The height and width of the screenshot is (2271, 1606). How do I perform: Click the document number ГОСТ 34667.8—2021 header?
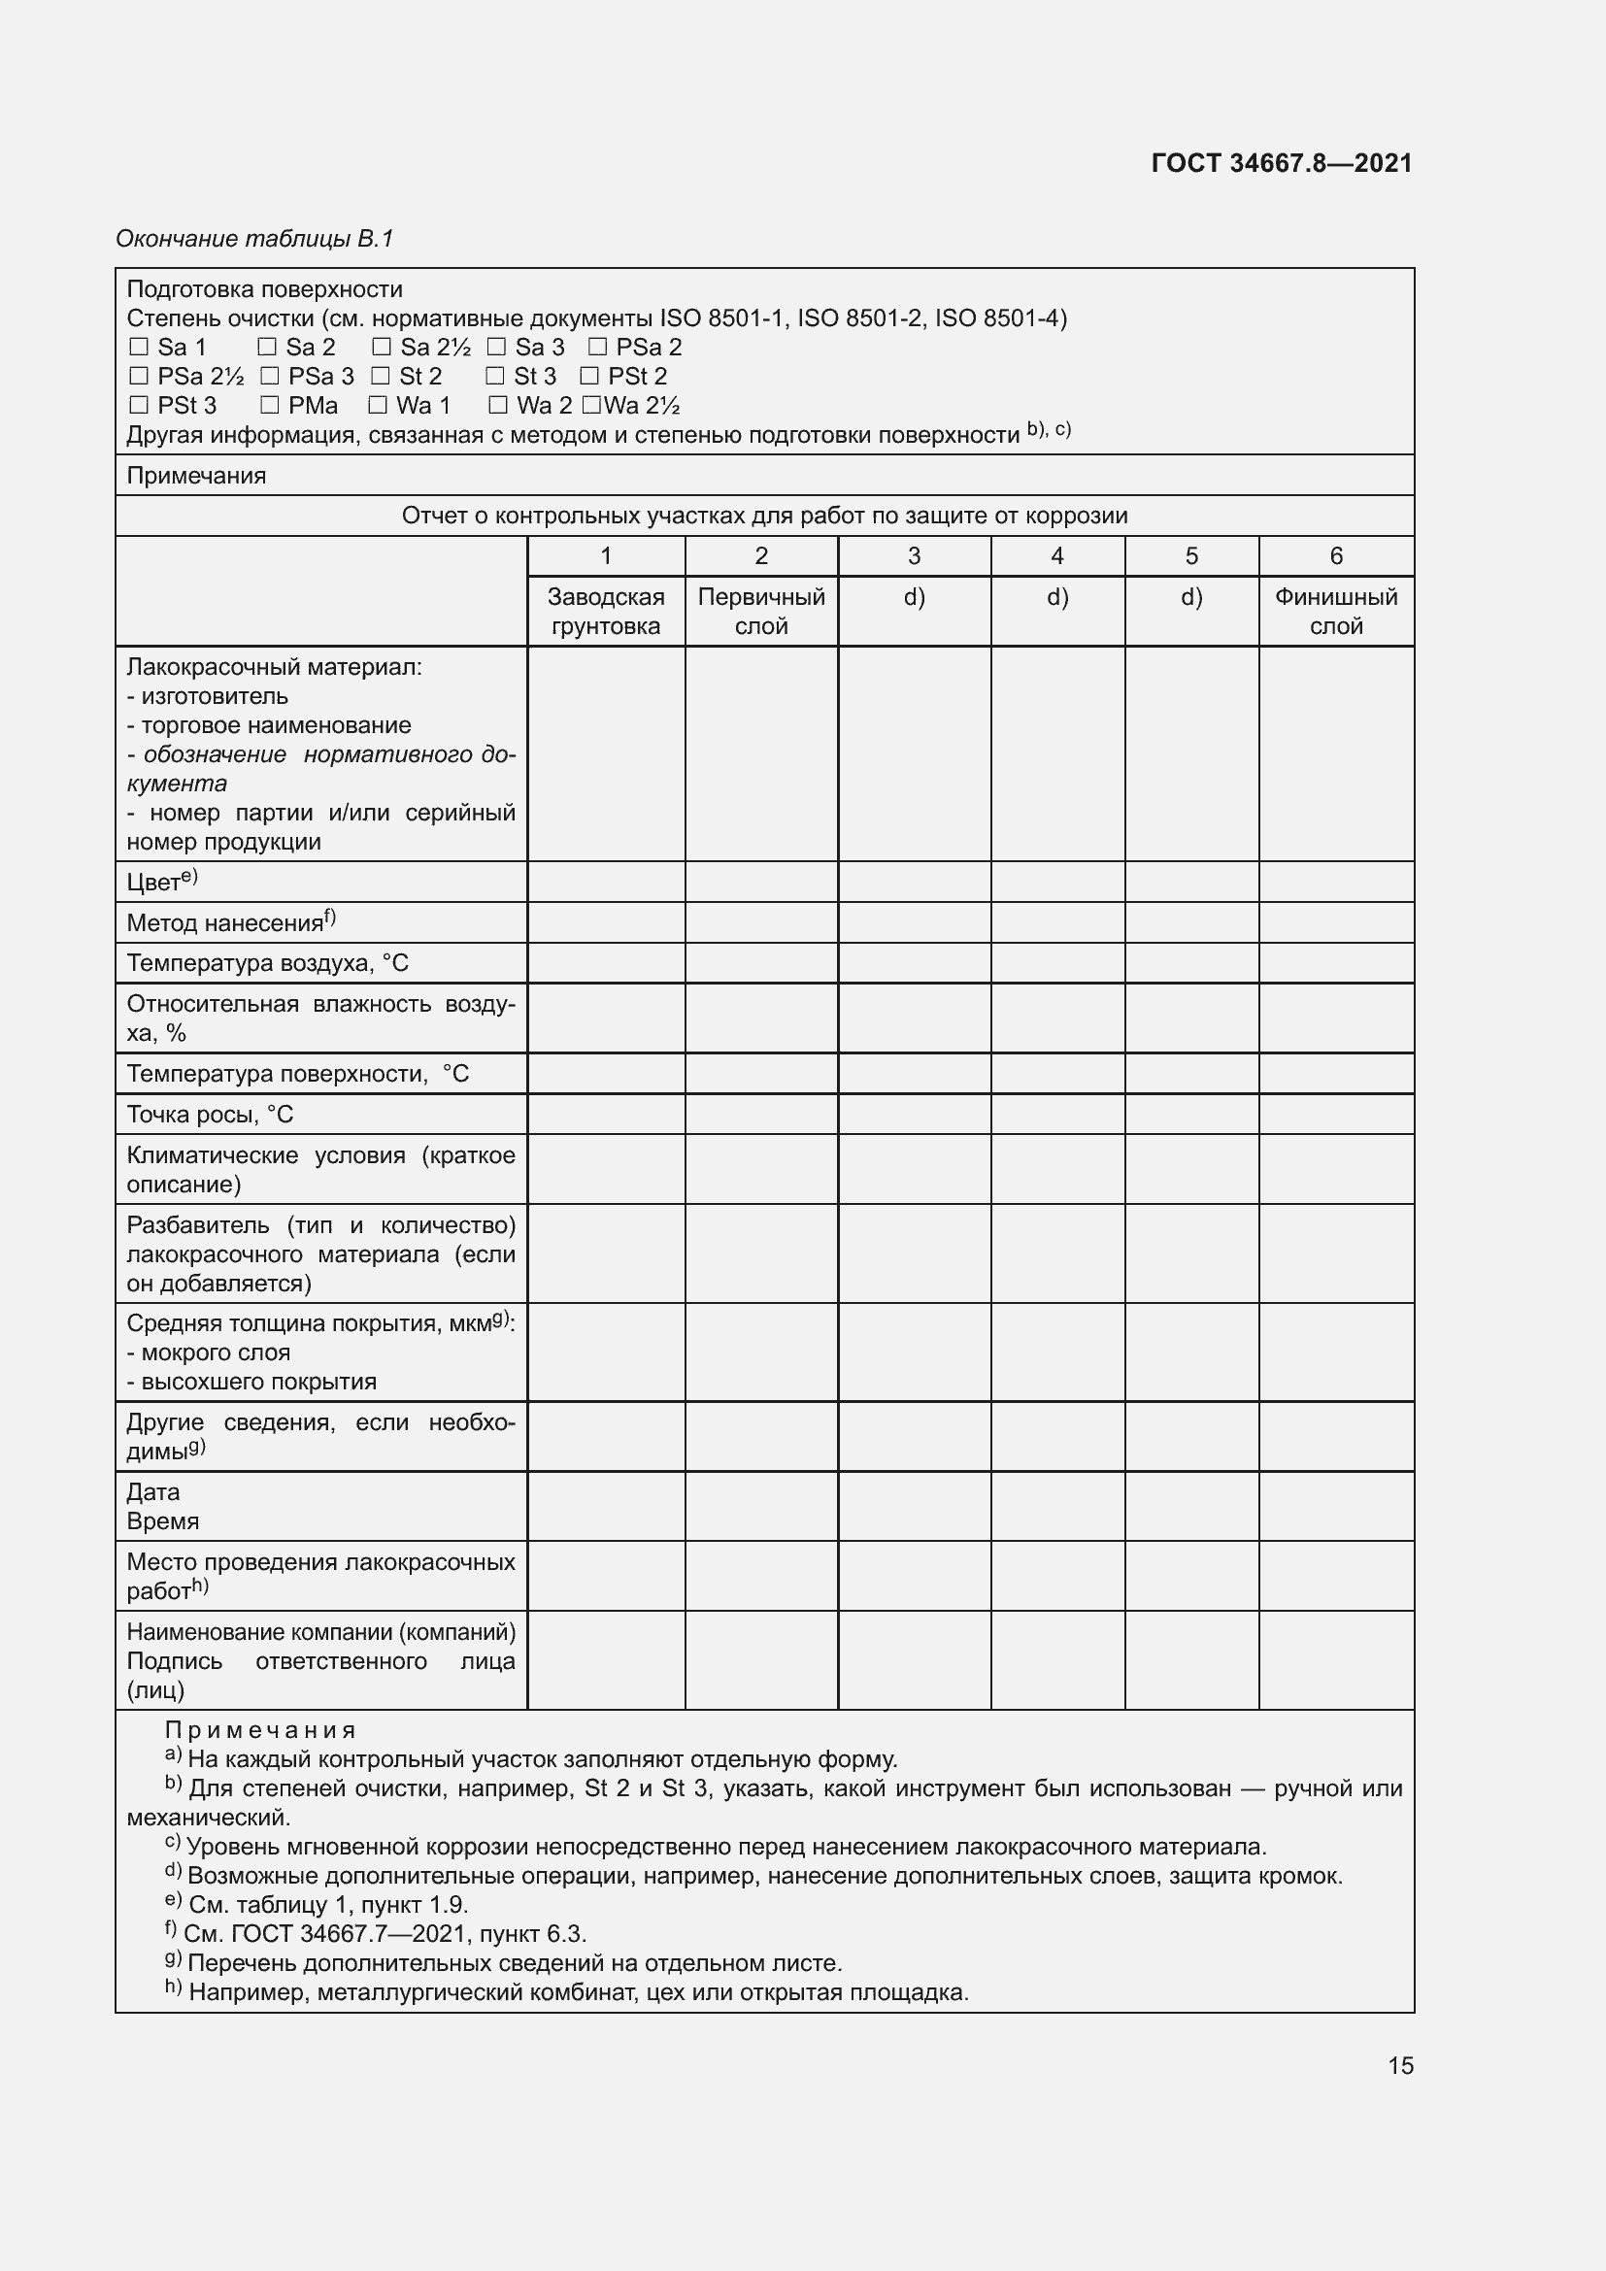click(x=1281, y=163)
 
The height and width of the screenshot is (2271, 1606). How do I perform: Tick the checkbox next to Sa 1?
click(x=139, y=348)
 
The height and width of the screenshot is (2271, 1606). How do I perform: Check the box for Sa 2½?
click(x=382, y=348)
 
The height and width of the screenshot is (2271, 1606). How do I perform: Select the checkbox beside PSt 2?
click(x=589, y=376)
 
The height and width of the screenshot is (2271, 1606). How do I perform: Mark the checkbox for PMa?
click(x=269, y=406)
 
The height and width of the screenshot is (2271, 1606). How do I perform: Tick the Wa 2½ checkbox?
click(x=591, y=406)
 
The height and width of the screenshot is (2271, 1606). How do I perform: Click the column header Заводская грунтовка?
click(x=605, y=612)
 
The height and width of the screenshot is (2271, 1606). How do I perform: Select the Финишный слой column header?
click(x=1335, y=612)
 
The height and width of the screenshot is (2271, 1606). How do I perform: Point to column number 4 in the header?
click(x=1057, y=556)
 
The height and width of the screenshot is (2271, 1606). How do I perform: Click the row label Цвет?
click(x=161, y=882)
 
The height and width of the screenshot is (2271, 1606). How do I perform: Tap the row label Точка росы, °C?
click(x=210, y=1115)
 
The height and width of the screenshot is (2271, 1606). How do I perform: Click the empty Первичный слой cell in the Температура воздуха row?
click(x=760, y=963)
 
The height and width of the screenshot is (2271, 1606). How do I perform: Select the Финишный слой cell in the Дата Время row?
click(x=1335, y=1507)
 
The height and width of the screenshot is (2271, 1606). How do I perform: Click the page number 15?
click(x=1400, y=2065)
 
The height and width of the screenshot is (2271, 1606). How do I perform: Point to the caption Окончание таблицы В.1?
click(x=254, y=239)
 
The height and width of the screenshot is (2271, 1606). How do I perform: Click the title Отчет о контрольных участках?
click(x=763, y=516)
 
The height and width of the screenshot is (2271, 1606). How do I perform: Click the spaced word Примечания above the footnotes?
click(x=259, y=1730)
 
